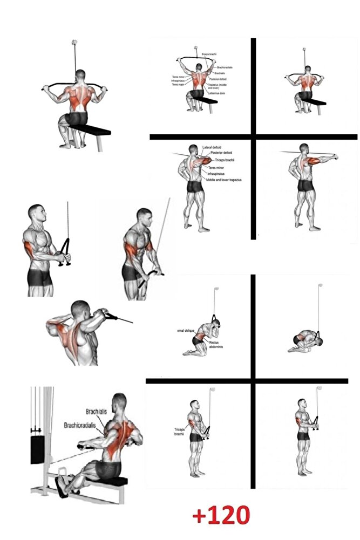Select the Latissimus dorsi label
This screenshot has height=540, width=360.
point(218,93)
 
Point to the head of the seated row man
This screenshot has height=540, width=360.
point(119,402)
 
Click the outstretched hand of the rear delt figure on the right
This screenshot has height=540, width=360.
point(335,158)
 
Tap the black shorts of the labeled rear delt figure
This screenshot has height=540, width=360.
point(194,186)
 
